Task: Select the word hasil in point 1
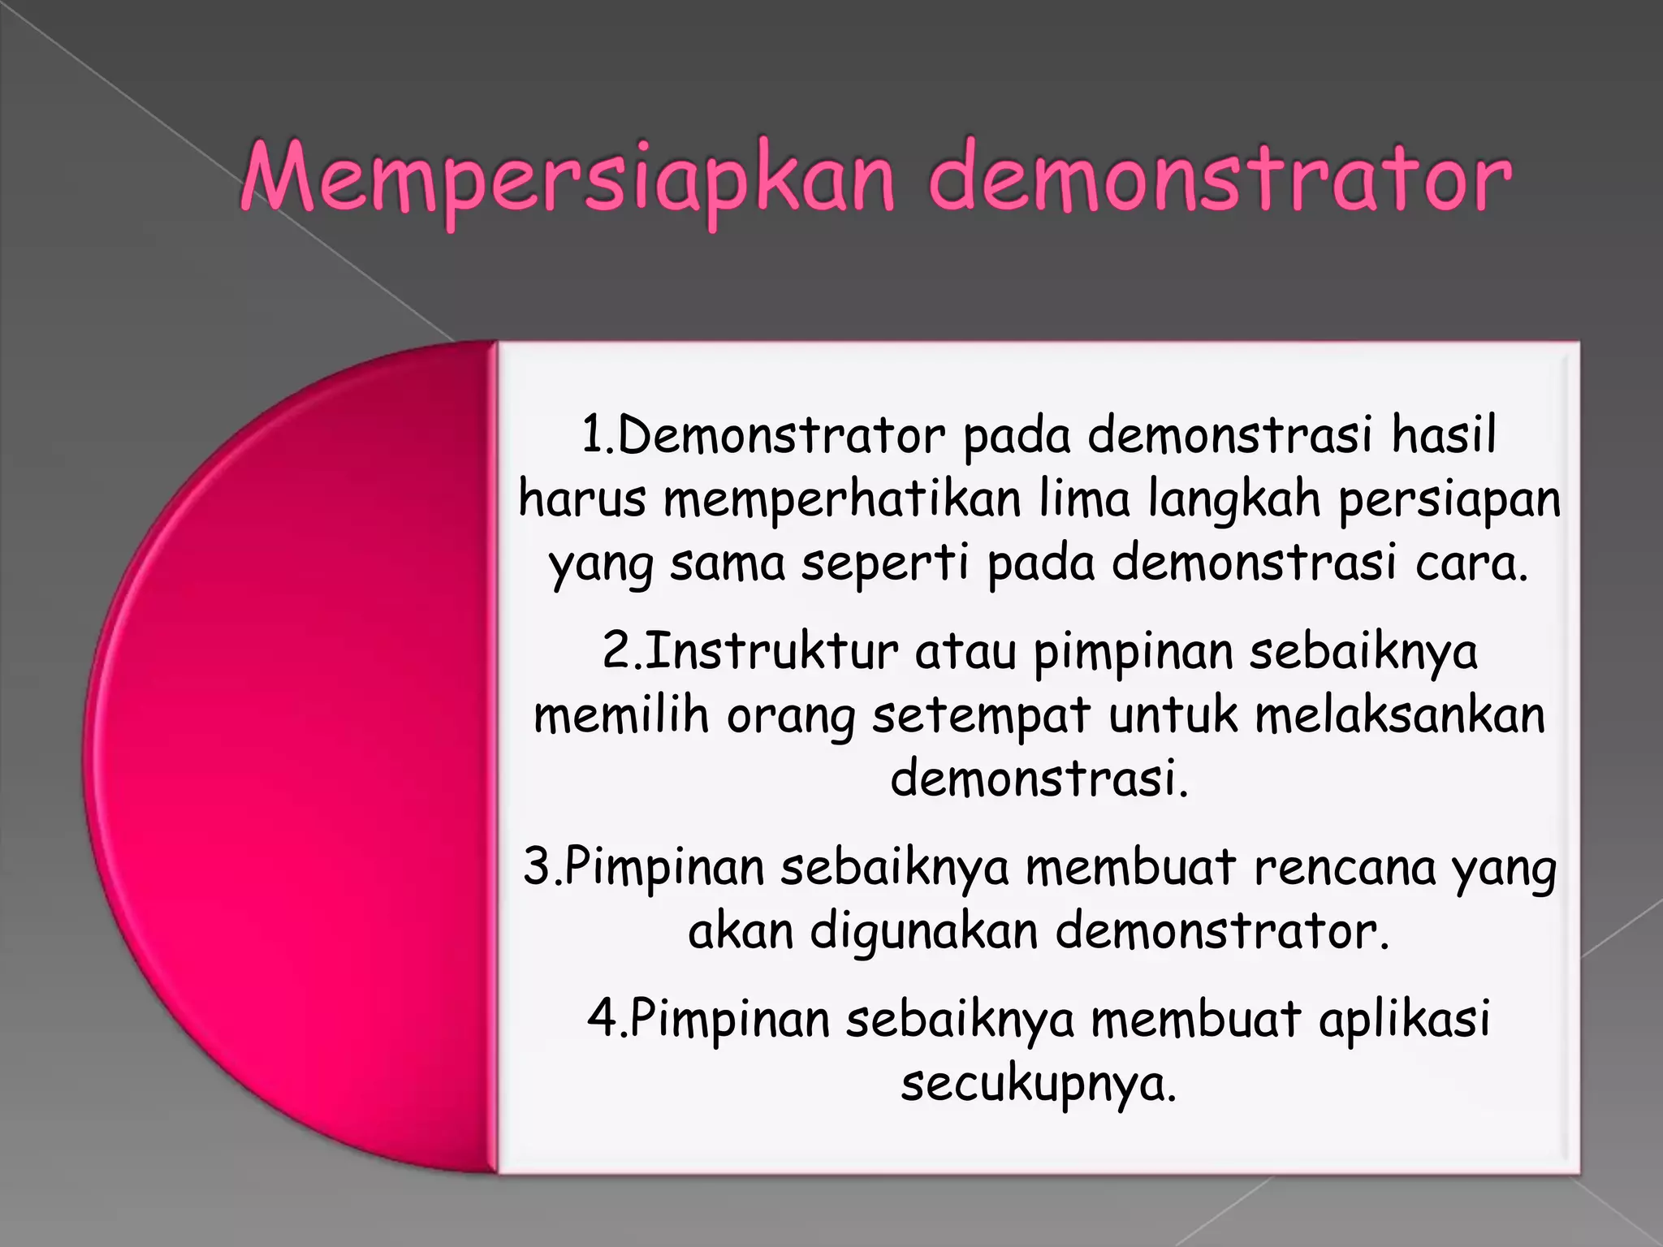(1444, 436)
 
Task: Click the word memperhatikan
(842, 499)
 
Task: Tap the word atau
(965, 652)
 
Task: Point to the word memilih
(621, 716)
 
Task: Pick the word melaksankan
(1399, 716)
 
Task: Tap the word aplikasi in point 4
(1404, 1019)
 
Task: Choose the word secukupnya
(1039, 1084)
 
